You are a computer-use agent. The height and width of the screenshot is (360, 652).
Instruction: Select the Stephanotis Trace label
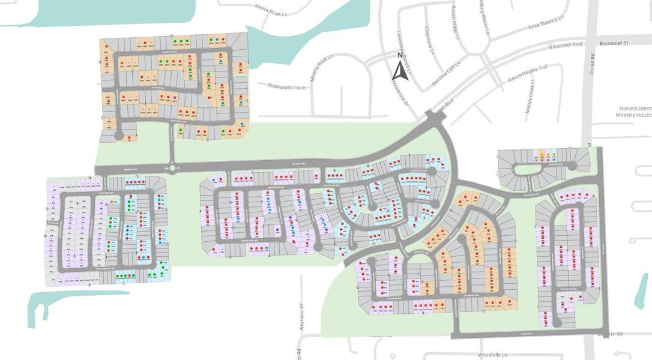click(287, 88)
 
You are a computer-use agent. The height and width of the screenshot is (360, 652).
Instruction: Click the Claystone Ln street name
click(430, 40)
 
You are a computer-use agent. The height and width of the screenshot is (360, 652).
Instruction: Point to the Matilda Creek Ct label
click(531, 95)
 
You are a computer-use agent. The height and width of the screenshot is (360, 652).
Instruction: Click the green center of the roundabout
click(173, 169)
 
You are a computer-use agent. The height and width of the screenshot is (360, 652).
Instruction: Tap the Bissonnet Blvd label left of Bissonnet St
click(567, 46)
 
